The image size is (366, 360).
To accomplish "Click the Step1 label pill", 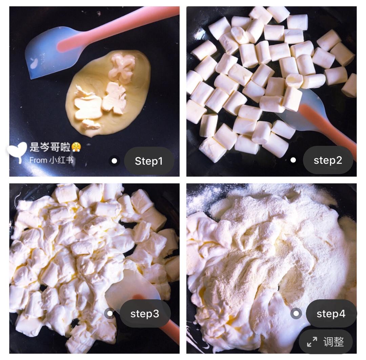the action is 149,161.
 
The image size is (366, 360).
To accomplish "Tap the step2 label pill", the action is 328,160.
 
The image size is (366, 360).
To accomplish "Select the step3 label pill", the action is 145,314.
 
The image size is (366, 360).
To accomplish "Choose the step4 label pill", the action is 331,314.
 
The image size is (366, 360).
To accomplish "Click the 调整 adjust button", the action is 326,342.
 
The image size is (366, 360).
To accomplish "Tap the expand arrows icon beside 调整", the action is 312,342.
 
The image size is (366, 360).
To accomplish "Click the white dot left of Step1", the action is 115,161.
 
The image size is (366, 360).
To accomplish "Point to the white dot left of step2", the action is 293,160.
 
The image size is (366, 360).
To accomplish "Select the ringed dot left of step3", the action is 110,313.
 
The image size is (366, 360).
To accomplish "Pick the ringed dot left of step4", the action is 296,313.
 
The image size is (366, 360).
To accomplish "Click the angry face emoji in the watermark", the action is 76,147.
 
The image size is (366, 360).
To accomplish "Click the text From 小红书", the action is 52,160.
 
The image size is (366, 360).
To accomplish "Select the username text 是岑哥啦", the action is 50,147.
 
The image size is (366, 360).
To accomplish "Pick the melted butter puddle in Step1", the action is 107,93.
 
